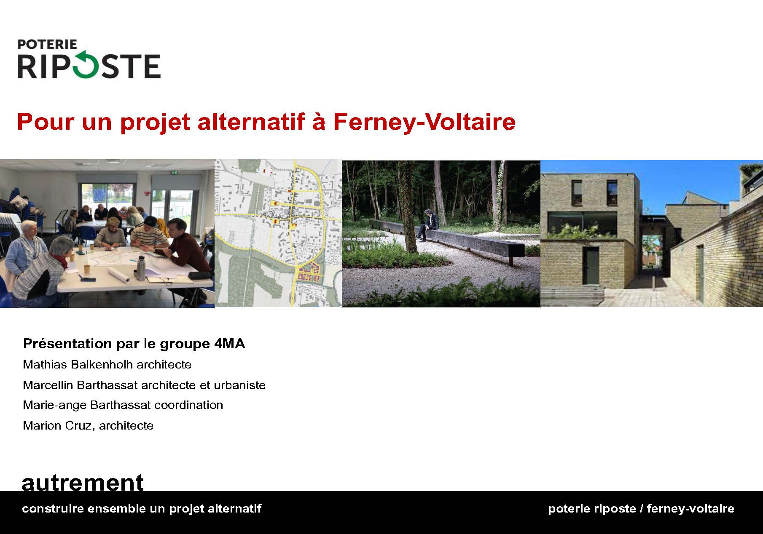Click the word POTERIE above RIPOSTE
click(x=47, y=44)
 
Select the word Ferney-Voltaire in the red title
click(x=424, y=122)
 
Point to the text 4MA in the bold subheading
click(x=229, y=344)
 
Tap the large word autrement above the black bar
click(x=83, y=482)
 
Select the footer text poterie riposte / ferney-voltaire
click(x=641, y=509)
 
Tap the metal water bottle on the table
click(x=140, y=269)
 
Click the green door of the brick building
click(x=590, y=267)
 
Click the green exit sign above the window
click(x=180, y=172)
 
